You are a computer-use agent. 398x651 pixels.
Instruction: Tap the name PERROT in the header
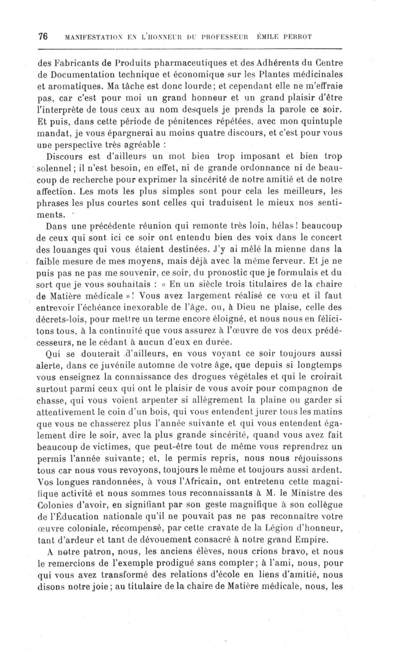click(325, 37)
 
